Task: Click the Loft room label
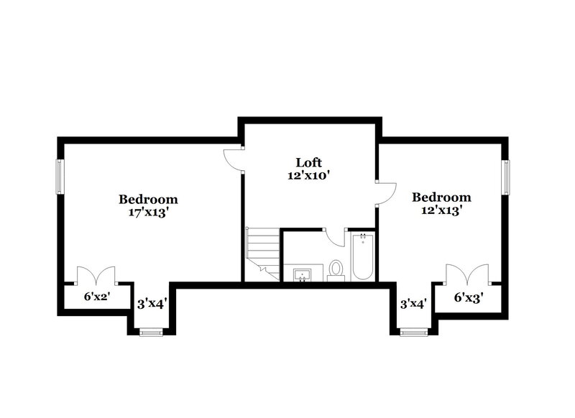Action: (310, 162)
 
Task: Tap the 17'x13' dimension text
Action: (148, 213)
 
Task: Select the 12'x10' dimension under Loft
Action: (310, 175)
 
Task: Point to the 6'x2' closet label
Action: (96, 296)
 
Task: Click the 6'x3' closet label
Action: (468, 296)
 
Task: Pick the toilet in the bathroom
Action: (336, 270)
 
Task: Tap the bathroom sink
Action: (303, 274)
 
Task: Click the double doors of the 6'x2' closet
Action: (96, 276)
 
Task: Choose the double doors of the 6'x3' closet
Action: (467, 276)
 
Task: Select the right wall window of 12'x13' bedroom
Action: (507, 176)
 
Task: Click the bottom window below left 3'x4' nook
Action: (150, 331)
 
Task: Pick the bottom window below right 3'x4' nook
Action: (413, 331)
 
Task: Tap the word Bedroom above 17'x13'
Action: (148, 200)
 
